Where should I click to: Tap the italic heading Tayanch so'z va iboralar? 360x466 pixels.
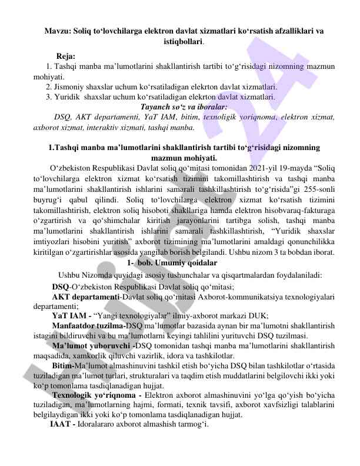179,107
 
